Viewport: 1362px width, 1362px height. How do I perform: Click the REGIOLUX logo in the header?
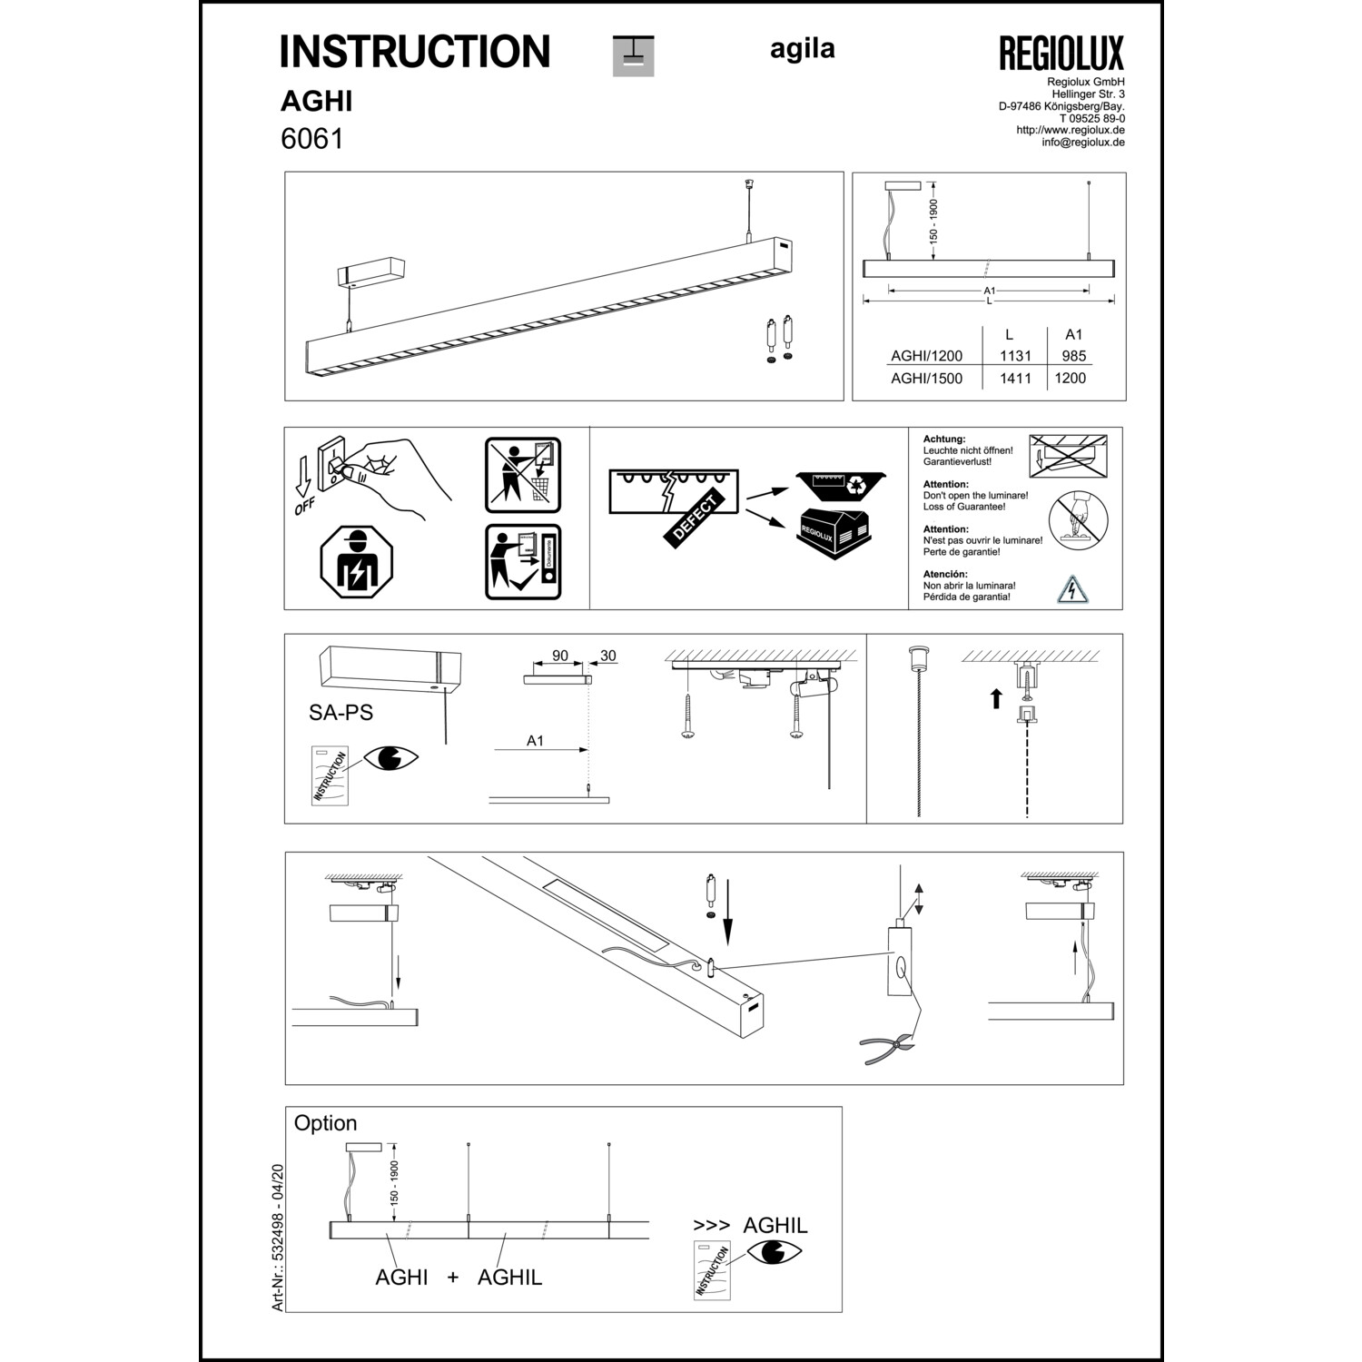pos(1061,54)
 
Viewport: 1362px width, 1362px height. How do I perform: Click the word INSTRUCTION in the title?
pos(415,52)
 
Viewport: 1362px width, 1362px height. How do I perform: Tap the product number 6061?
pos(311,139)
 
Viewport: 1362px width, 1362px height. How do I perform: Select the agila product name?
pos(802,49)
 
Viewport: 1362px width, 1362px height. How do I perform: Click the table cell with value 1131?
pos(1015,356)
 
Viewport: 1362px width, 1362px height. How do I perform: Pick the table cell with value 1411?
pos(1015,378)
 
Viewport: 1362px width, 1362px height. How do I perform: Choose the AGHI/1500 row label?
pos(926,378)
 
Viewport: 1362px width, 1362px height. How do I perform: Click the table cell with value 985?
pos(1073,356)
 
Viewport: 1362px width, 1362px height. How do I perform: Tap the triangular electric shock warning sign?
pos(1072,589)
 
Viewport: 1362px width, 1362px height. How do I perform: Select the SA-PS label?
pos(340,713)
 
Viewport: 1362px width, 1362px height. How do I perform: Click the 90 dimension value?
pos(560,656)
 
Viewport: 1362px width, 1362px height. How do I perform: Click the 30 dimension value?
pos(607,656)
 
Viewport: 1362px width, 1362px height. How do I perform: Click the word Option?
pos(325,1123)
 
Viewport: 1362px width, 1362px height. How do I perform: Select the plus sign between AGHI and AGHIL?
pos(453,1278)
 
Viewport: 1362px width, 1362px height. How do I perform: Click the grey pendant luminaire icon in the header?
pos(633,55)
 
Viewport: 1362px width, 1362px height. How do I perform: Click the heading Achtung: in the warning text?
pos(944,439)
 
